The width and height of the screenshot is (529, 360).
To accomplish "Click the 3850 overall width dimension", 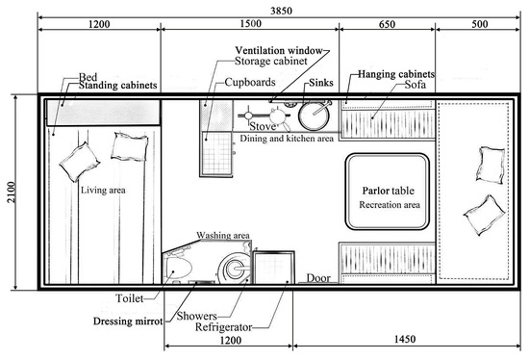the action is (x=281, y=11).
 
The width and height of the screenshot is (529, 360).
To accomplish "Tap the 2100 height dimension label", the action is (x=12, y=193).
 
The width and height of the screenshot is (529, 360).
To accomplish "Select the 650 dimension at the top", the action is (x=387, y=24).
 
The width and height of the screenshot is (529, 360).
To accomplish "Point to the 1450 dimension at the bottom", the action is (x=405, y=339).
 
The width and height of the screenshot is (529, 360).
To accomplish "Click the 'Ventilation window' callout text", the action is (x=279, y=51).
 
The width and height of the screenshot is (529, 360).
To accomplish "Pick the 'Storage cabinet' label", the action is (x=271, y=62).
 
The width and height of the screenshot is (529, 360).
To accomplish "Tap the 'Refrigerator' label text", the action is (x=224, y=327).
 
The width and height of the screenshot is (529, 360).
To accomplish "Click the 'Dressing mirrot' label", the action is (x=128, y=321).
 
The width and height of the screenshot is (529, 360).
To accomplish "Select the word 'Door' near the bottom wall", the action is (x=318, y=278).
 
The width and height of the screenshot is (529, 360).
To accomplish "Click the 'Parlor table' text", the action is (x=388, y=191).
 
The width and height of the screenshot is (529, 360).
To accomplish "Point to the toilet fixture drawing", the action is (x=177, y=267).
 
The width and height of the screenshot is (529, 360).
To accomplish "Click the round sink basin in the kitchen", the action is (x=314, y=116).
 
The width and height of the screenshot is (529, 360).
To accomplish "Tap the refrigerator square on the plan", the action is (x=273, y=268).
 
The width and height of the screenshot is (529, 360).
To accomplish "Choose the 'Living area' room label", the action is (x=103, y=191).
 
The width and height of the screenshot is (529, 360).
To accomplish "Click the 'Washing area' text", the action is (x=223, y=235).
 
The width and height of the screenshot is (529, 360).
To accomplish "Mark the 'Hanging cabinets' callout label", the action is (x=396, y=74).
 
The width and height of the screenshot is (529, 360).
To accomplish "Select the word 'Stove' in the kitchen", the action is (x=263, y=126).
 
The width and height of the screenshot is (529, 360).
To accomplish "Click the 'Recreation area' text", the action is (x=390, y=205).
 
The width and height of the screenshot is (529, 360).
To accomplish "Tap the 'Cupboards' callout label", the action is (x=250, y=82).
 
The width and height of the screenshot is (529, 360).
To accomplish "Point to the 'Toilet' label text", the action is (x=130, y=298).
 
